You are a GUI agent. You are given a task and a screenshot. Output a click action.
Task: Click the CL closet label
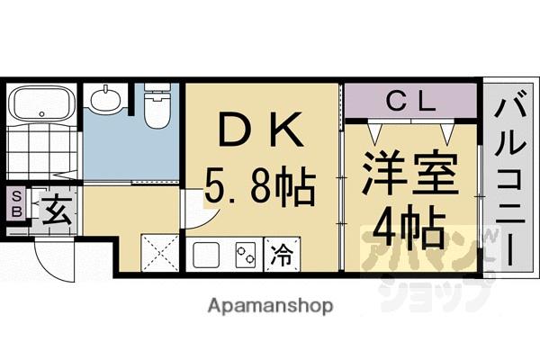(x=409, y=102)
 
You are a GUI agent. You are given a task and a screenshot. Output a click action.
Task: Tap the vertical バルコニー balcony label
(x=508, y=180)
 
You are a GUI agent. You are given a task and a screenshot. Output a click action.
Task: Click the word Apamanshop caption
(x=270, y=305)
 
